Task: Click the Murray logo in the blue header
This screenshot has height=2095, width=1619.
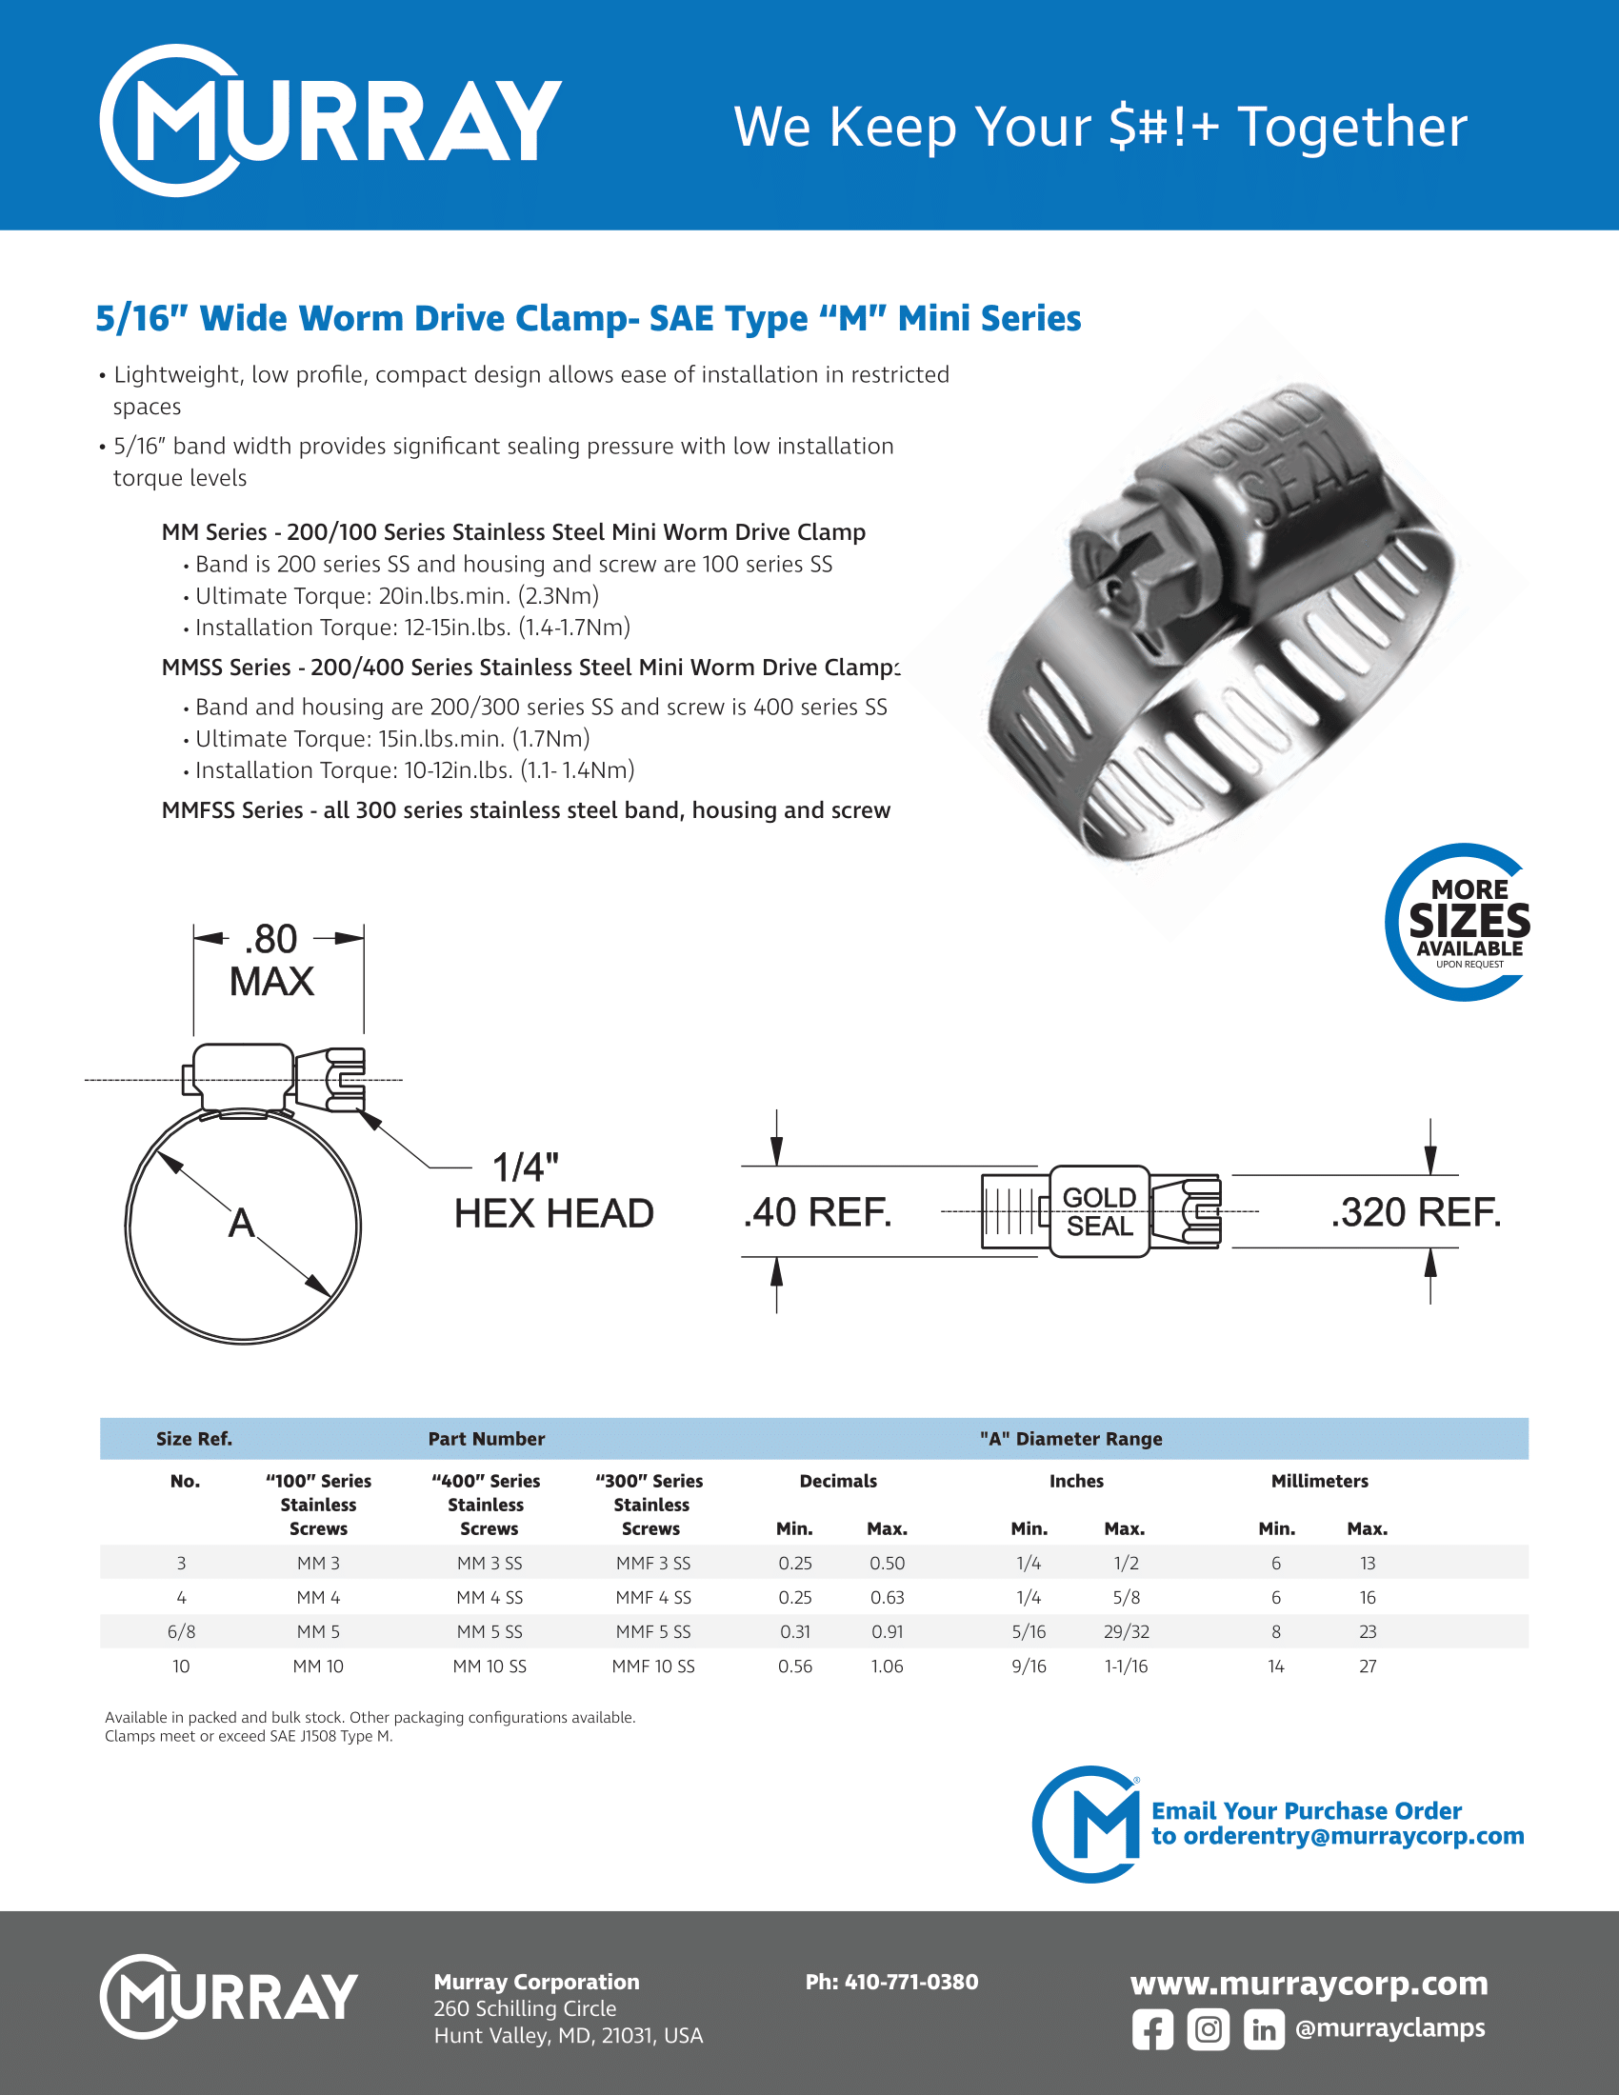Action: coord(330,121)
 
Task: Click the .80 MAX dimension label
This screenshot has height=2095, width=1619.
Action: coord(271,960)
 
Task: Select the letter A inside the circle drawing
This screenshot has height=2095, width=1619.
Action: coord(242,1223)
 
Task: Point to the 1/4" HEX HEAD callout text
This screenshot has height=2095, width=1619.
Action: coord(553,1191)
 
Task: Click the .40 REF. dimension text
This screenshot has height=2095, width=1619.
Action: coord(817,1212)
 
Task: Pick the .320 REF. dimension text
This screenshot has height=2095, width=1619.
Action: coord(1414,1212)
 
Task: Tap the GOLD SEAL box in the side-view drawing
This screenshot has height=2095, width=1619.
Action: coord(1099,1211)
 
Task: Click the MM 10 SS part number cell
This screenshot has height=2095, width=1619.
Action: coord(490,1666)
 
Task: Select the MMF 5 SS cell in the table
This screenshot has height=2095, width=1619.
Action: coord(653,1631)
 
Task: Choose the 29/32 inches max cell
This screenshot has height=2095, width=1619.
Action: coord(1126,1631)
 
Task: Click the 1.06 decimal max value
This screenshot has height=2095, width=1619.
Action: coord(888,1666)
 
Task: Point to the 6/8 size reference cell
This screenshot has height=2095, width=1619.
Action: coord(181,1631)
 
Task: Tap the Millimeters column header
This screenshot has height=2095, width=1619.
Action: coord(1320,1481)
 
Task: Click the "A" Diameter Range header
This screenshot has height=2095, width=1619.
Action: coord(1070,1439)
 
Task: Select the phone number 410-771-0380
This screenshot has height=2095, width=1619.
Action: coord(892,1982)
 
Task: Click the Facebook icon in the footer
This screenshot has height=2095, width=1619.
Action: coord(1152,2030)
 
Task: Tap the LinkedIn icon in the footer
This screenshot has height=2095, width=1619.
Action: coord(1263,2030)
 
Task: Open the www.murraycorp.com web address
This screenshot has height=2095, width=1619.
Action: coord(1309,1983)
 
